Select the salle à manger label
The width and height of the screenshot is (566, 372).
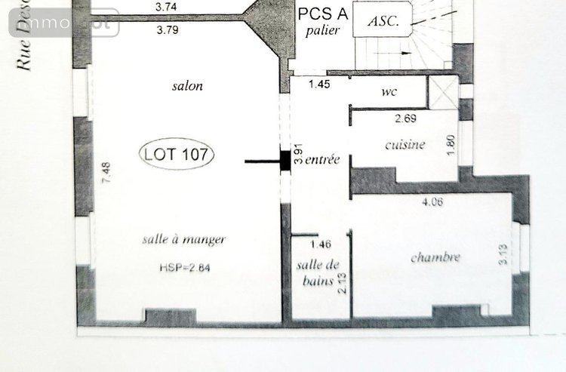click(x=183, y=240)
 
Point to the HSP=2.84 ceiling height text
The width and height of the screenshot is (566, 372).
click(x=185, y=267)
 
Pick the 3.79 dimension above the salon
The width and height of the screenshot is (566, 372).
click(x=168, y=32)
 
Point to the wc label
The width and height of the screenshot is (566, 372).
click(x=389, y=91)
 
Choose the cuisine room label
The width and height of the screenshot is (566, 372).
click(x=405, y=145)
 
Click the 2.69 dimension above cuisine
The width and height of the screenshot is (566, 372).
click(x=407, y=118)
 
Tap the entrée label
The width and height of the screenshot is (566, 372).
click(x=323, y=160)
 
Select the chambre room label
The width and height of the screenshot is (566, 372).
click(x=435, y=257)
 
